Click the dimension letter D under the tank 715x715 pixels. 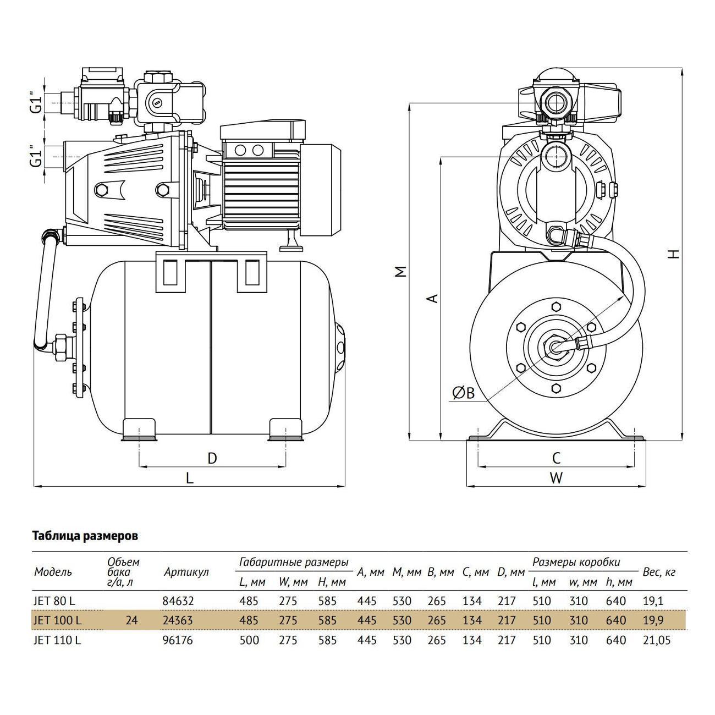pyautogui.click(x=212, y=458)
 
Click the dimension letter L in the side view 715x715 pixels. pyautogui.click(x=190, y=478)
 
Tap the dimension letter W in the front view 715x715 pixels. pyautogui.click(x=556, y=478)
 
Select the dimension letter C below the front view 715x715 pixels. pyautogui.click(x=556, y=458)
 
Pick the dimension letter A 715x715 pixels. pyautogui.click(x=433, y=298)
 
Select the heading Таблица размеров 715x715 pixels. pyautogui.click(x=85, y=536)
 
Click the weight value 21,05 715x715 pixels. pyautogui.click(x=657, y=640)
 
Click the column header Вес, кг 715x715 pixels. pyautogui.click(x=659, y=572)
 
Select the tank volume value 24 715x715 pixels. pyautogui.click(x=131, y=621)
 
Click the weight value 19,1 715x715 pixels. pyautogui.click(x=653, y=602)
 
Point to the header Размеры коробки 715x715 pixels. pyautogui.click(x=576, y=562)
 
